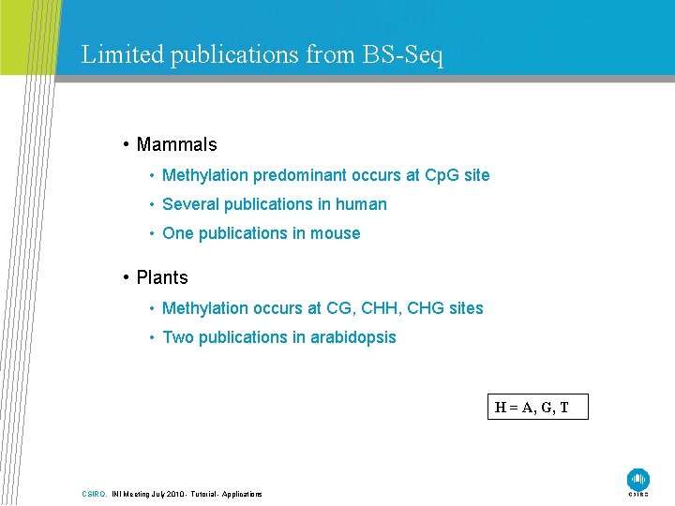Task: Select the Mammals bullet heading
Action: click(x=176, y=144)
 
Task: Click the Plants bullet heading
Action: click(x=162, y=277)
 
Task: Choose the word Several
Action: click(x=190, y=204)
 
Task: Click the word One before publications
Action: click(x=178, y=233)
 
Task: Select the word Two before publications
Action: click(x=178, y=337)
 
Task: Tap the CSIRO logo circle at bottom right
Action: click(x=638, y=478)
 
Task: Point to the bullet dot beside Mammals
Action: click(x=126, y=144)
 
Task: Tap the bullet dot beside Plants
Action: click(x=126, y=277)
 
